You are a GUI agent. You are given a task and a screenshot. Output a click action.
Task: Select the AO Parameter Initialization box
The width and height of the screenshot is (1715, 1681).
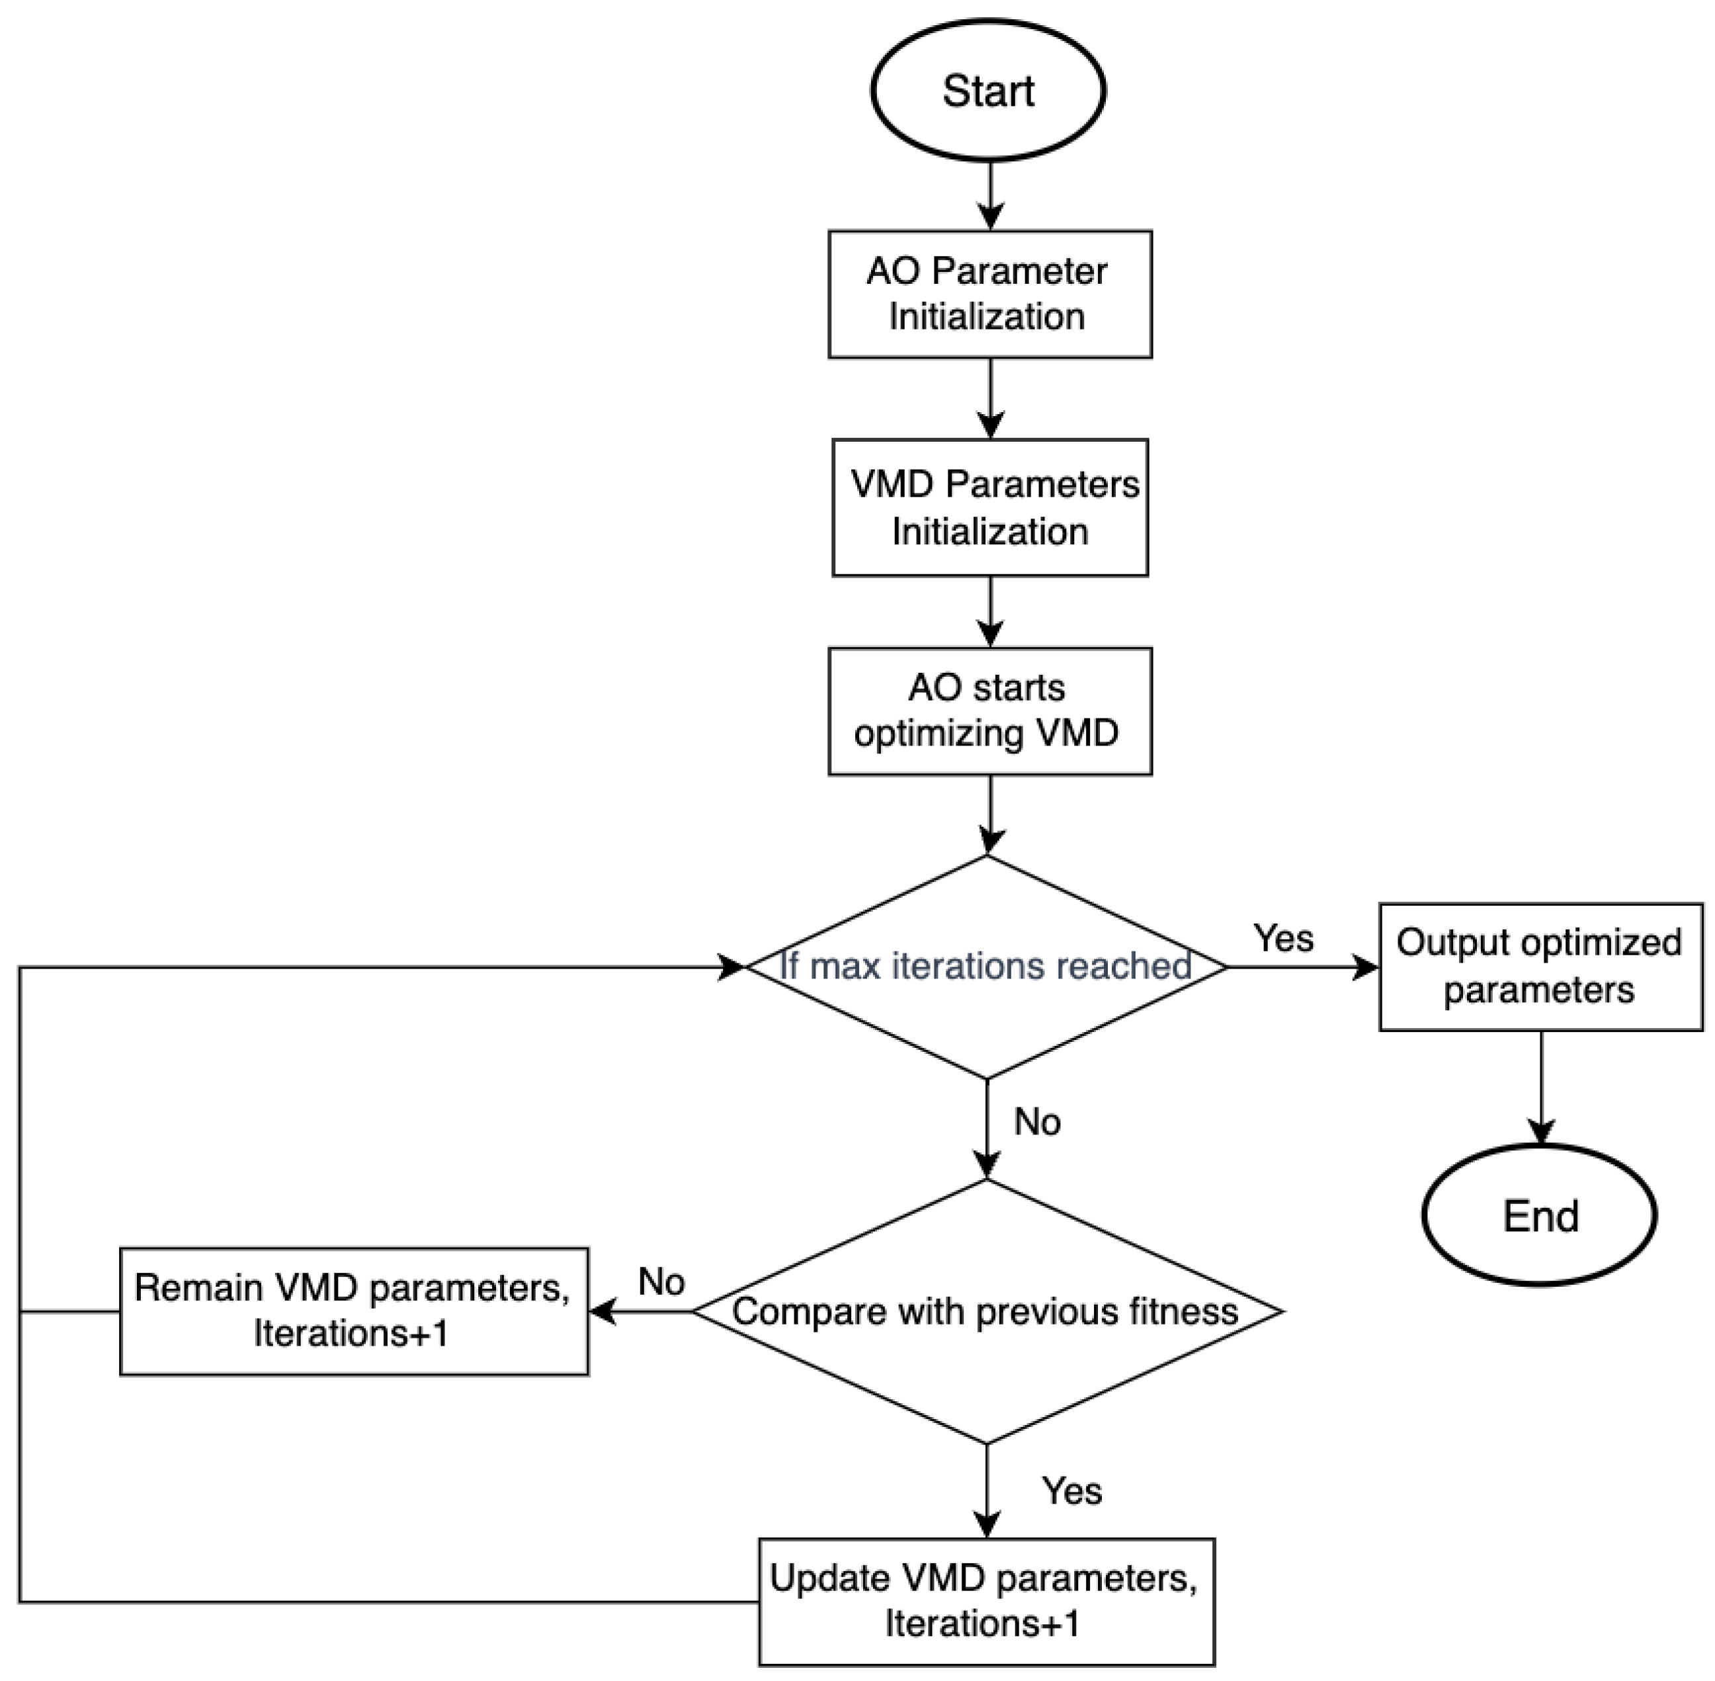[989, 294]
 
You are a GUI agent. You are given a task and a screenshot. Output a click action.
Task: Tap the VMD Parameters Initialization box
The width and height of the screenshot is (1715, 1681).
[989, 507]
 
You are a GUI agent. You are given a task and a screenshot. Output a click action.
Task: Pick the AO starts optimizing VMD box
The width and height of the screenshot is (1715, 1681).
[989, 712]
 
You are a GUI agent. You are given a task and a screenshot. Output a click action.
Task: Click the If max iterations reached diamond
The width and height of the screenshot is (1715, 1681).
[986, 966]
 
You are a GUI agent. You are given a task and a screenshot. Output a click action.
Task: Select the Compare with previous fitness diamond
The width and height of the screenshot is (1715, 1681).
[986, 1312]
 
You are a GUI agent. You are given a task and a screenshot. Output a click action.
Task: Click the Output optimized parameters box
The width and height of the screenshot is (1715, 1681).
[1540, 967]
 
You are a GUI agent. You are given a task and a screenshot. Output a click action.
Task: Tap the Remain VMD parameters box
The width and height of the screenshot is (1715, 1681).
[353, 1311]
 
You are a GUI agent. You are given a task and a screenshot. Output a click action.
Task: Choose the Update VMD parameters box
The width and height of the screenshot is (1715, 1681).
[986, 1602]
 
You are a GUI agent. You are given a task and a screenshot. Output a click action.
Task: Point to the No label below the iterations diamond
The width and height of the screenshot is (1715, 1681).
[1037, 1122]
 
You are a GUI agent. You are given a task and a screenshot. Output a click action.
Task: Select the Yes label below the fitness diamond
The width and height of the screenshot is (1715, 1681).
[1071, 1491]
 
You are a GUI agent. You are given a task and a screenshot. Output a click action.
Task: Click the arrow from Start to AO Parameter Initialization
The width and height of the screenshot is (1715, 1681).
[990, 194]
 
